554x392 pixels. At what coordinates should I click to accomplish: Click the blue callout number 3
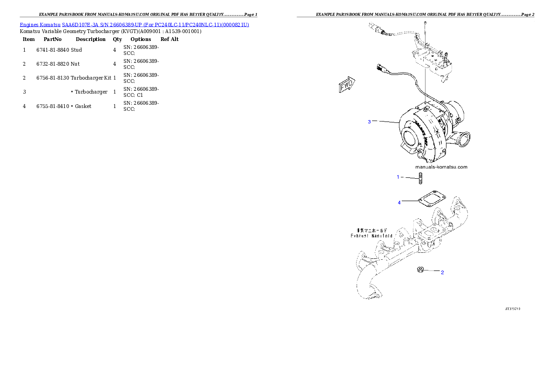coord(369,122)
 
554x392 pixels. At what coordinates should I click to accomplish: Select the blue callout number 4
coord(399,203)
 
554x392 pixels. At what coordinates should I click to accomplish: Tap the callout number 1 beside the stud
coord(398,177)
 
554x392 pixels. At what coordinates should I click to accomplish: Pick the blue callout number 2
coord(442,272)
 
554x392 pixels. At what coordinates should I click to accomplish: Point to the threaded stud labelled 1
coord(420,178)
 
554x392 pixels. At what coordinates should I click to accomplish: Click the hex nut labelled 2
coord(420,269)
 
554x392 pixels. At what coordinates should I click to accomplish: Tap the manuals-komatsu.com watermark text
coord(441,167)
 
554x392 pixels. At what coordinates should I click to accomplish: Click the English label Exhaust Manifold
coord(372,236)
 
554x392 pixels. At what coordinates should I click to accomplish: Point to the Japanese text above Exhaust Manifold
coord(372,230)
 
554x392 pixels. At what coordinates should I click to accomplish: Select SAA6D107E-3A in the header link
coord(80,24)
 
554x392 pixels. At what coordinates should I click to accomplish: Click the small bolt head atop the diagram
coord(426,23)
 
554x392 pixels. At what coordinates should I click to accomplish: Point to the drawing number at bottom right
coord(513,308)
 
